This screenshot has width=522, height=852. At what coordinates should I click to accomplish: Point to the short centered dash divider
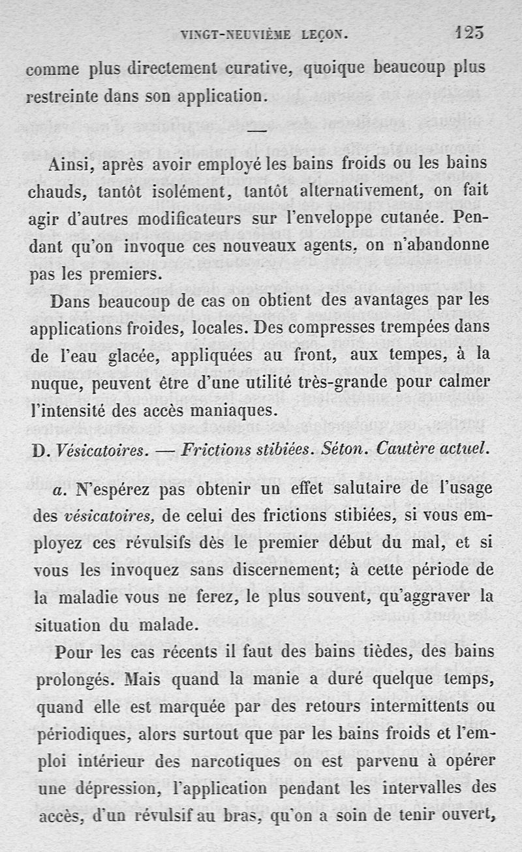click(258, 132)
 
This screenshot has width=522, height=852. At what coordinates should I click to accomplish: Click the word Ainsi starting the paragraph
click(72, 165)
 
